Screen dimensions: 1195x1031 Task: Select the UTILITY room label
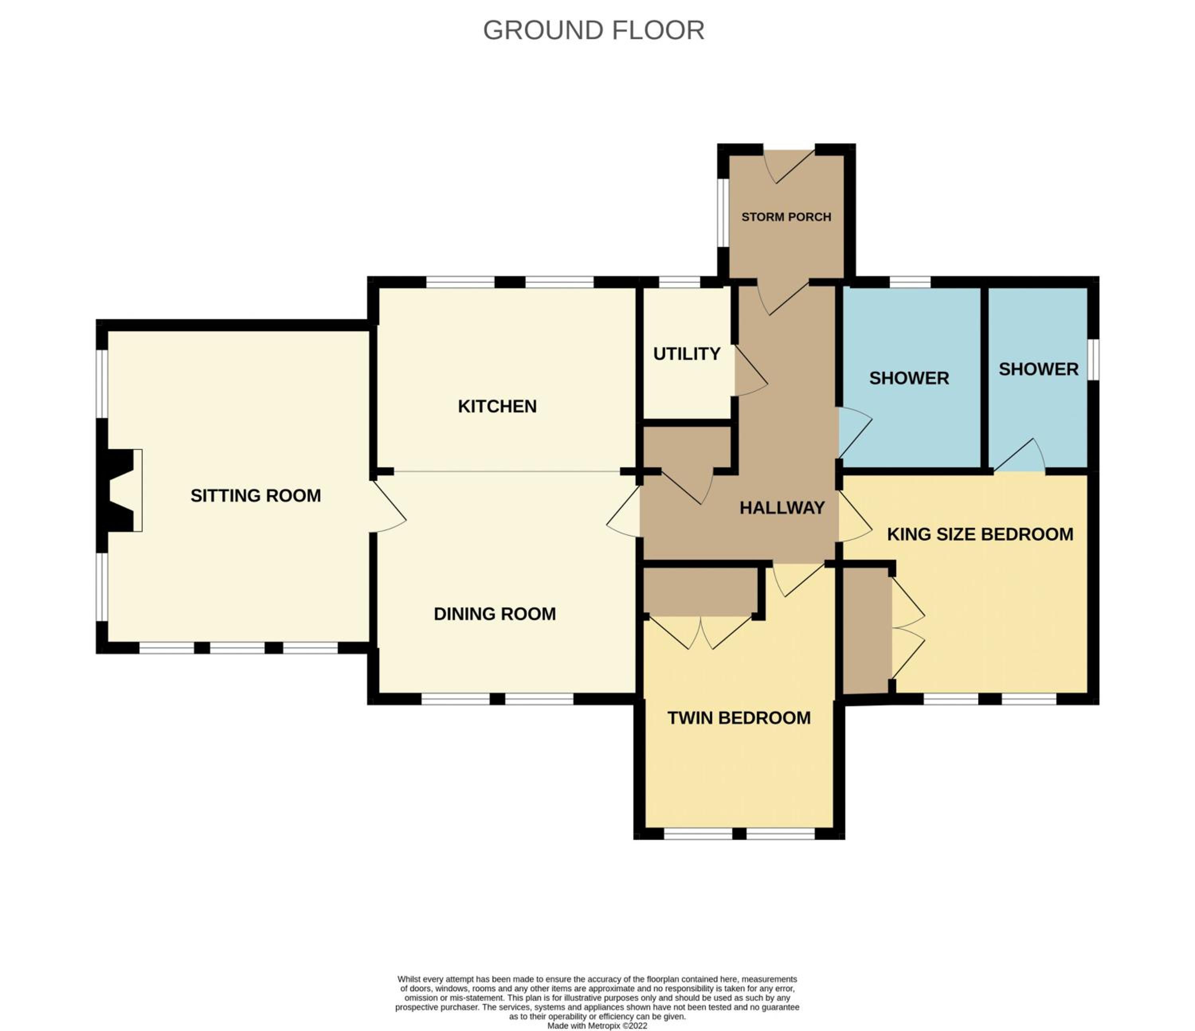pos(686,354)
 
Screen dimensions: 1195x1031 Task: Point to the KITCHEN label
pos(497,406)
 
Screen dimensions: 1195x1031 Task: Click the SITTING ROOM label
pos(255,496)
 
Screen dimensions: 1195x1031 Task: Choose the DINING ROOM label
pos(495,614)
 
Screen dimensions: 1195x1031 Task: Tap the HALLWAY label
pos(782,508)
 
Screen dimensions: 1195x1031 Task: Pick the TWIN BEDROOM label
pos(739,718)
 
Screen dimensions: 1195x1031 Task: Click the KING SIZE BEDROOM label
pos(980,534)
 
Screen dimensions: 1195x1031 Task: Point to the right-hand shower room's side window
pos(1093,360)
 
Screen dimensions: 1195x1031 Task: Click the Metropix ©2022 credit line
pos(597,1026)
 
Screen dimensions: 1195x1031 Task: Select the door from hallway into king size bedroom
pos(855,516)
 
